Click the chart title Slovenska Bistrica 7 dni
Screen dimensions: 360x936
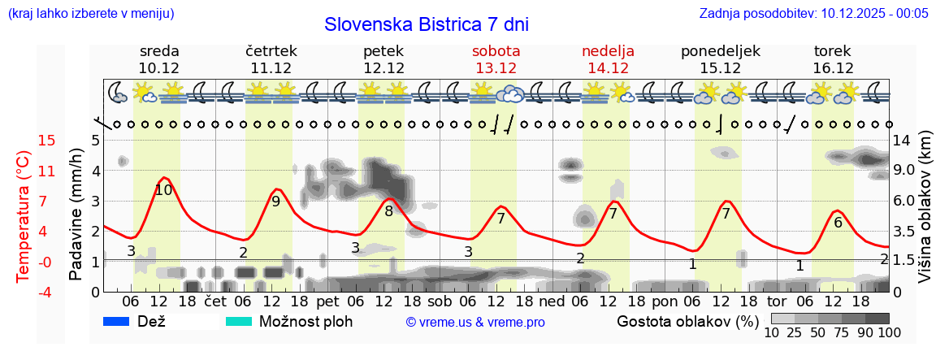coord(426,24)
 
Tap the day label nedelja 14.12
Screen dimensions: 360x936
coord(608,59)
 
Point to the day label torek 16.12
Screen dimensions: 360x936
coord(833,59)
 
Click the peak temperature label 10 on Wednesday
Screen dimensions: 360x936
coord(163,190)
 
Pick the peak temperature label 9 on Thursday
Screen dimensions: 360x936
coord(275,202)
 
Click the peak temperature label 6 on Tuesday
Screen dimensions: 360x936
coord(838,222)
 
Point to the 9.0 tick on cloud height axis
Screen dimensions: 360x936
coord(905,171)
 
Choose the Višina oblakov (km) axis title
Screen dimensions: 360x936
coord(925,217)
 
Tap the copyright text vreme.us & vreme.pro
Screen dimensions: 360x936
coord(475,323)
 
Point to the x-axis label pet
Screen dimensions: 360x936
coord(327,301)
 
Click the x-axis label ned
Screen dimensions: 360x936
coord(552,301)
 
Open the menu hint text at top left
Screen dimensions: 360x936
coord(91,13)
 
